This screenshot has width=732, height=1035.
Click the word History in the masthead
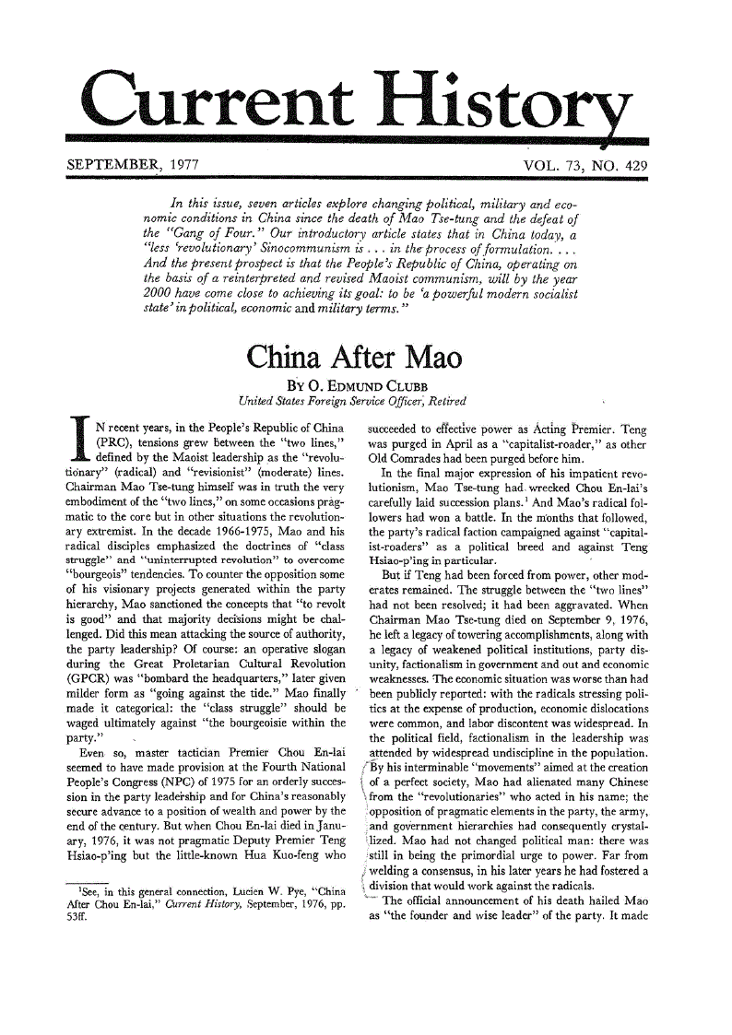[x=516, y=103]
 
